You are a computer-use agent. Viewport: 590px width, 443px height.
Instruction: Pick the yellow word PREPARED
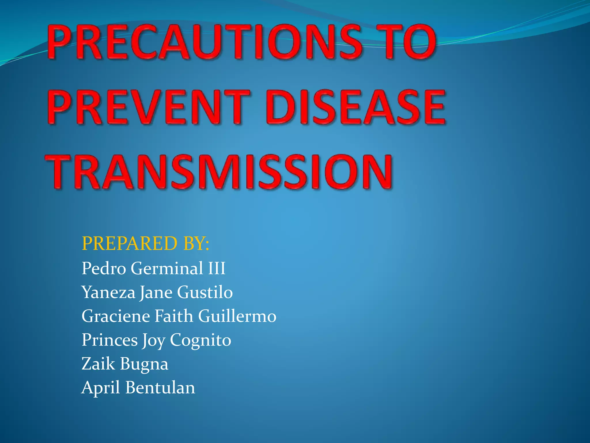pos(129,243)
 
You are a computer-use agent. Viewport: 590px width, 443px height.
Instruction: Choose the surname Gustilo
pos(205,292)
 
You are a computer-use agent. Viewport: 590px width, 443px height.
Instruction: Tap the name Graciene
pos(116,316)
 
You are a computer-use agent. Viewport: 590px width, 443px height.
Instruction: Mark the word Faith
pos(174,316)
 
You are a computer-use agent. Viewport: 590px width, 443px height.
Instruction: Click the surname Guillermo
pos(237,316)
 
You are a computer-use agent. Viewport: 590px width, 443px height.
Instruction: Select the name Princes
pos(109,340)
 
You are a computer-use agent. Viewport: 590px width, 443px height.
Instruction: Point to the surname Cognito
pos(201,340)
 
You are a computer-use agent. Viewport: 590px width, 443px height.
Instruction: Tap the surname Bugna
pos(144,364)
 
